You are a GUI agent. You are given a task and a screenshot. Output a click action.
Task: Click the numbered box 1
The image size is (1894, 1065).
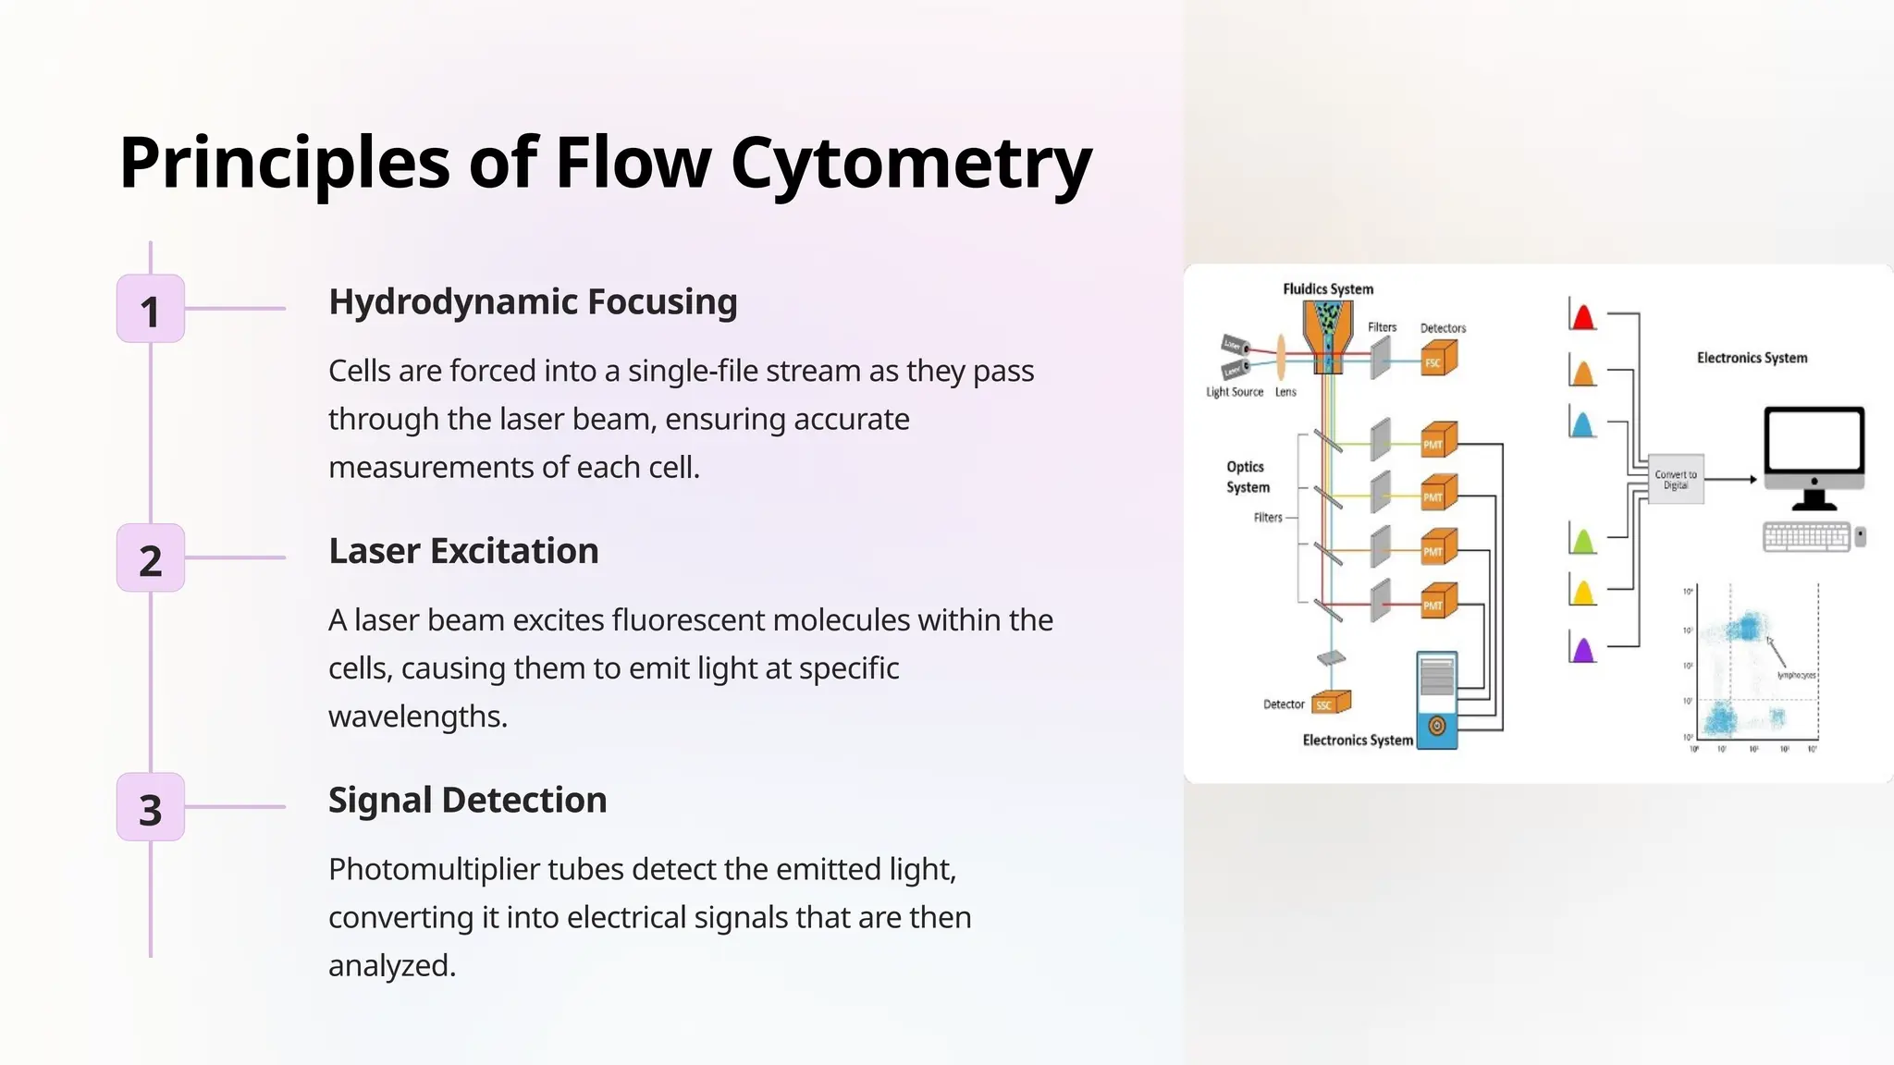click(151, 309)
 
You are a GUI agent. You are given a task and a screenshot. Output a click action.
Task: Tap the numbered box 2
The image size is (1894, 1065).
click(151, 558)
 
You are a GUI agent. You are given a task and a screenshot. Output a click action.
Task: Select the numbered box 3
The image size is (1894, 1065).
click(151, 807)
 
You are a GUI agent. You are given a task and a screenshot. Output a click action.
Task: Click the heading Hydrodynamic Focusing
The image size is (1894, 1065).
click(533, 302)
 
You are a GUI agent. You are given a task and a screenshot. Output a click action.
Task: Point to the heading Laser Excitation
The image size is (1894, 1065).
click(463, 551)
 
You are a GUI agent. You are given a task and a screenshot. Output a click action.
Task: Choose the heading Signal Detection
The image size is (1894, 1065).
click(467, 801)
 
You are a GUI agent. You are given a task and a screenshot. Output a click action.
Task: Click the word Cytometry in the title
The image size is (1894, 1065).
click(911, 163)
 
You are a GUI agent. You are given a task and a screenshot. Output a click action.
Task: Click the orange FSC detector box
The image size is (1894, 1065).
click(1438, 359)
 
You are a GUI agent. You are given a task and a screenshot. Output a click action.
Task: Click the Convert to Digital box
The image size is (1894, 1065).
click(1676, 479)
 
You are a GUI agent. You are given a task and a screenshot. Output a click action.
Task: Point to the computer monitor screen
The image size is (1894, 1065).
click(1813, 441)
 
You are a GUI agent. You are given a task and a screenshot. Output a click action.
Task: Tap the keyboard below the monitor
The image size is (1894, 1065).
click(1806, 537)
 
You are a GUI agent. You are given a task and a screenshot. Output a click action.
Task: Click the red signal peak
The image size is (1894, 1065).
click(1583, 317)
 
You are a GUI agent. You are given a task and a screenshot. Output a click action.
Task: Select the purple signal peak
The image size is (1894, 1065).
click(1583, 650)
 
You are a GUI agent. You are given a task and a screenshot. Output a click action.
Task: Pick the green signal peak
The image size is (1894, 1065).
click(1583, 541)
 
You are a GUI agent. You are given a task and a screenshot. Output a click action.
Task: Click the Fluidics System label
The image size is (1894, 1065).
click(1328, 289)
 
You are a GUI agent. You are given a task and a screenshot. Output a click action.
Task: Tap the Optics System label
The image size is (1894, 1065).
click(1248, 477)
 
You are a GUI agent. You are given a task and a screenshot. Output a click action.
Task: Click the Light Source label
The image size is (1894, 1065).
click(1234, 392)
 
